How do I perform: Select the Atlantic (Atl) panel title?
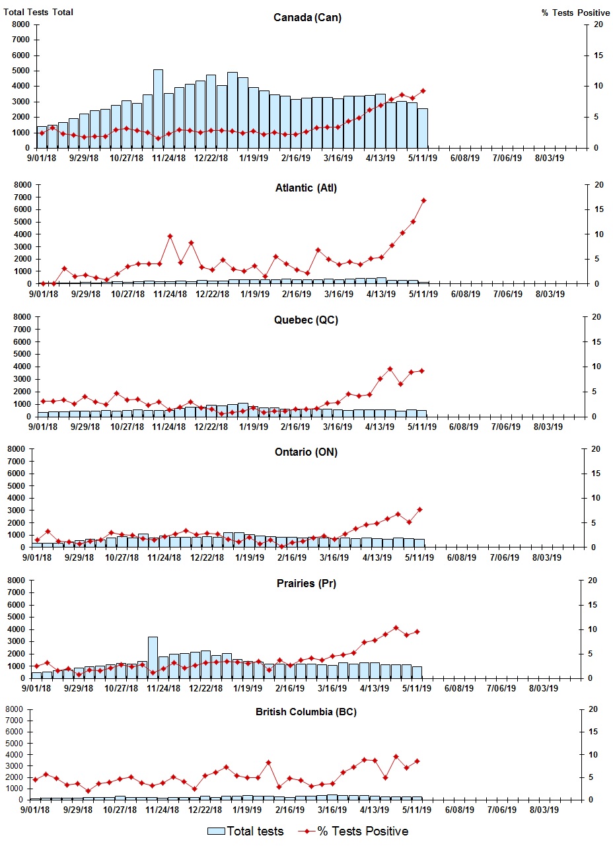click(x=306, y=188)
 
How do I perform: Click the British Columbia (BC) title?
click(x=305, y=712)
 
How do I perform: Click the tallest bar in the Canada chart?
click(x=158, y=109)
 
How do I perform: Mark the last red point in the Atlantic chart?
click(x=424, y=200)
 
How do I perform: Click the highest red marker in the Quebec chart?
click(x=390, y=369)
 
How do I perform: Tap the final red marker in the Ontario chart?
click(x=419, y=509)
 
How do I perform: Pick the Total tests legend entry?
click(x=246, y=831)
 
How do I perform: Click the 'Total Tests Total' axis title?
click(x=38, y=12)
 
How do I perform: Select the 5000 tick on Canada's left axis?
click(x=20, y=71)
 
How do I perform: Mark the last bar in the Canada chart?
click(x=423, y=128)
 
